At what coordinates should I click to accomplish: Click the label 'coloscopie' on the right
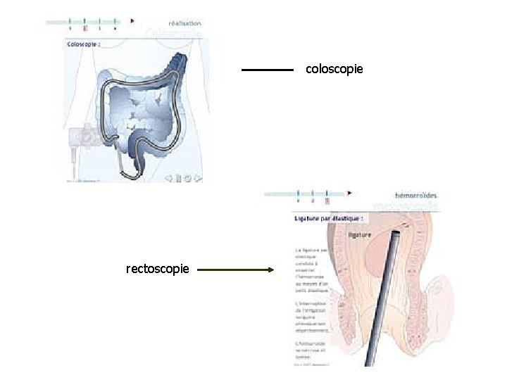coord(334,69)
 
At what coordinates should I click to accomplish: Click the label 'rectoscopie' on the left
coord(157,269)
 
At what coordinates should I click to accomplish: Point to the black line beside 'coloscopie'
coord(267,70)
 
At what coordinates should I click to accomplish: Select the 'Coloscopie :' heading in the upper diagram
coord(84,44)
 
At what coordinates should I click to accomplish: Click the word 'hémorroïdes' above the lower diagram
coord(416,195)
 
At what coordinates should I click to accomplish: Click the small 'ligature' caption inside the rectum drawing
coord(361,235)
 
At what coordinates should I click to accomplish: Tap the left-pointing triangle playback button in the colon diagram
coord(169,178)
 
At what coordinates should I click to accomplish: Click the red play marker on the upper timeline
coord(132,21)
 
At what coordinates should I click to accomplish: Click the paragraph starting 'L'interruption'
coord(311,317)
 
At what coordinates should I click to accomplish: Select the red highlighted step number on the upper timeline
coord(85,29)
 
